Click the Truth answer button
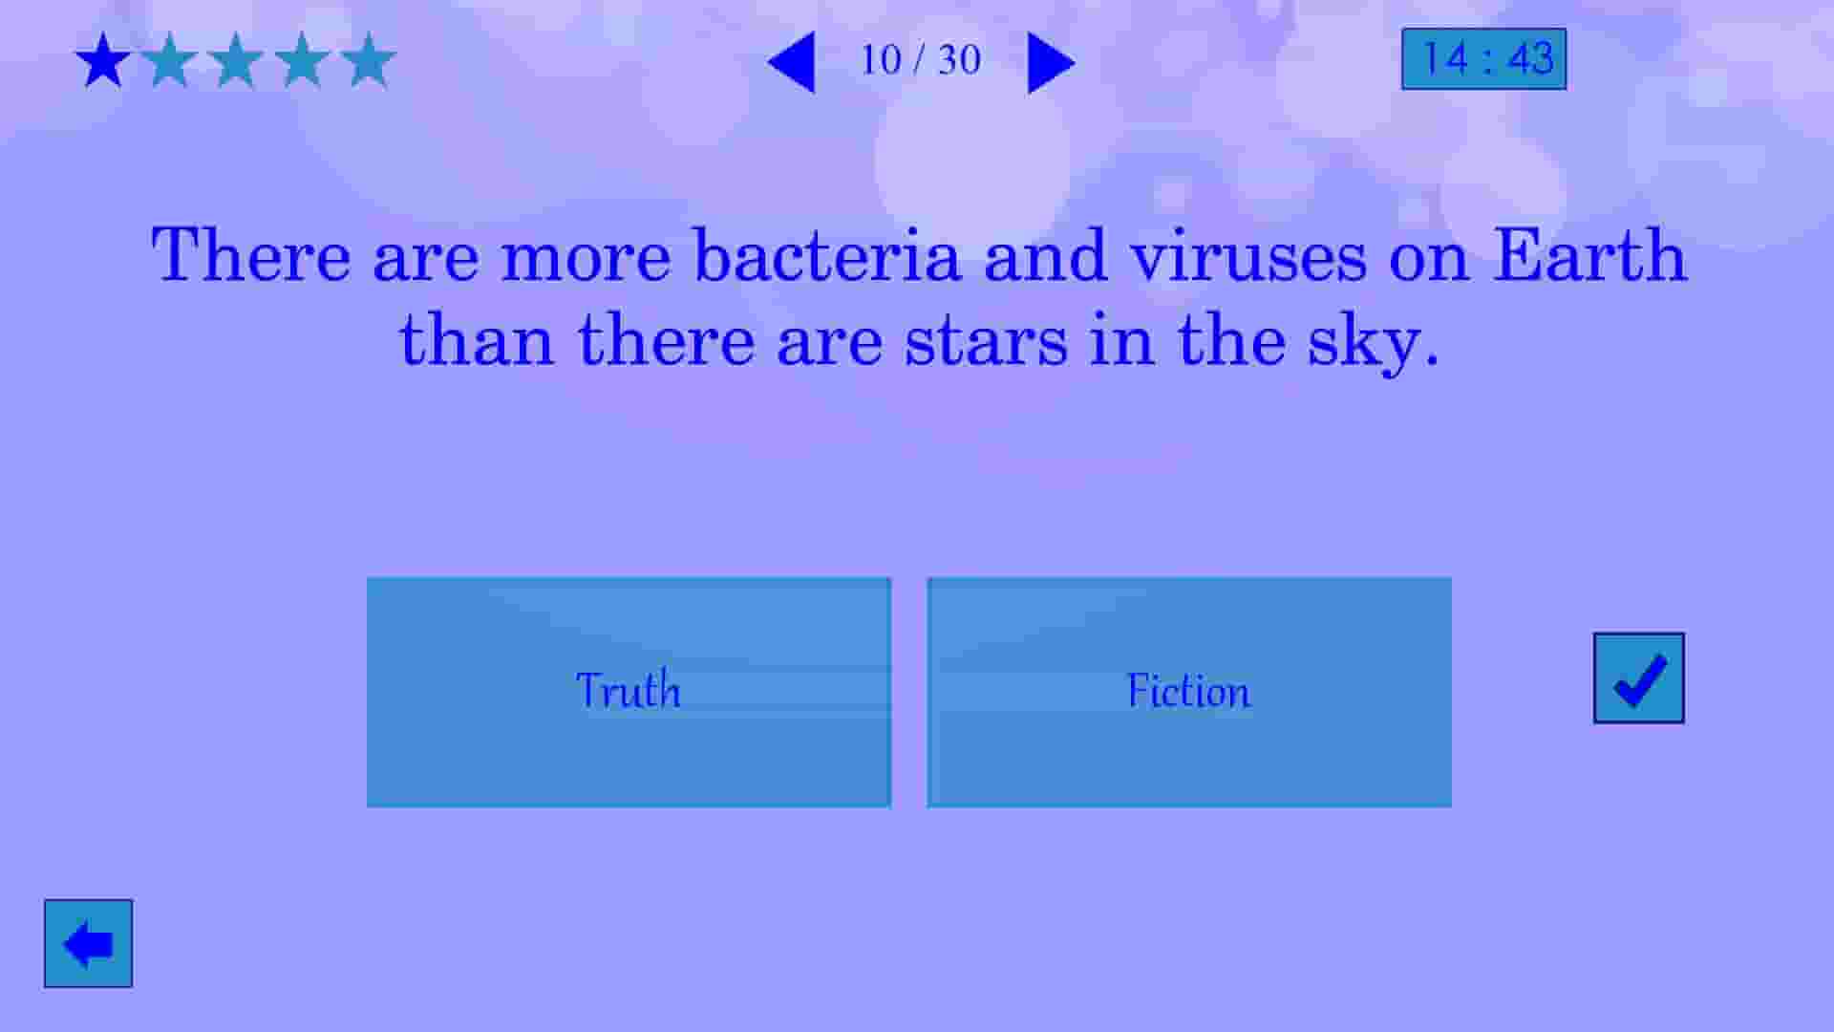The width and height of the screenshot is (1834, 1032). [629, 692]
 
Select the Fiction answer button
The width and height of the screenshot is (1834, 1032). [1188, 692]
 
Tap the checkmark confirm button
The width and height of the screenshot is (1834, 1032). [1638, 678]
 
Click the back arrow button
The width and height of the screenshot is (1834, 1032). [88, 943]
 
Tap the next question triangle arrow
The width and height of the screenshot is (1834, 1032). [1050, 63]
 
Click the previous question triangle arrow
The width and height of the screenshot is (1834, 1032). [792, 63]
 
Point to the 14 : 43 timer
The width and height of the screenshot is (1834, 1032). [1483, 59]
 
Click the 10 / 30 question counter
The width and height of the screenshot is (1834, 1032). [921, 60]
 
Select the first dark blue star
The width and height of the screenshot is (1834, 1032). [103, 61]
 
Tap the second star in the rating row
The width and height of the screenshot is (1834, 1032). [170, 61]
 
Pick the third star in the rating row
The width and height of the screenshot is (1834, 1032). [236, 61]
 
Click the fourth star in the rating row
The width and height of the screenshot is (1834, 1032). [303, 61]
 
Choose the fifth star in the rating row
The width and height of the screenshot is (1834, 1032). [369, 61]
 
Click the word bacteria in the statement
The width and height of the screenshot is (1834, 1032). [826, 256]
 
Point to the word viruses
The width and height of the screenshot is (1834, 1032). [1248, 256]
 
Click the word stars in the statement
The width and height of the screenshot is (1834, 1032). [986, 341]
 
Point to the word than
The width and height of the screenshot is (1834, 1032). [477, 341]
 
